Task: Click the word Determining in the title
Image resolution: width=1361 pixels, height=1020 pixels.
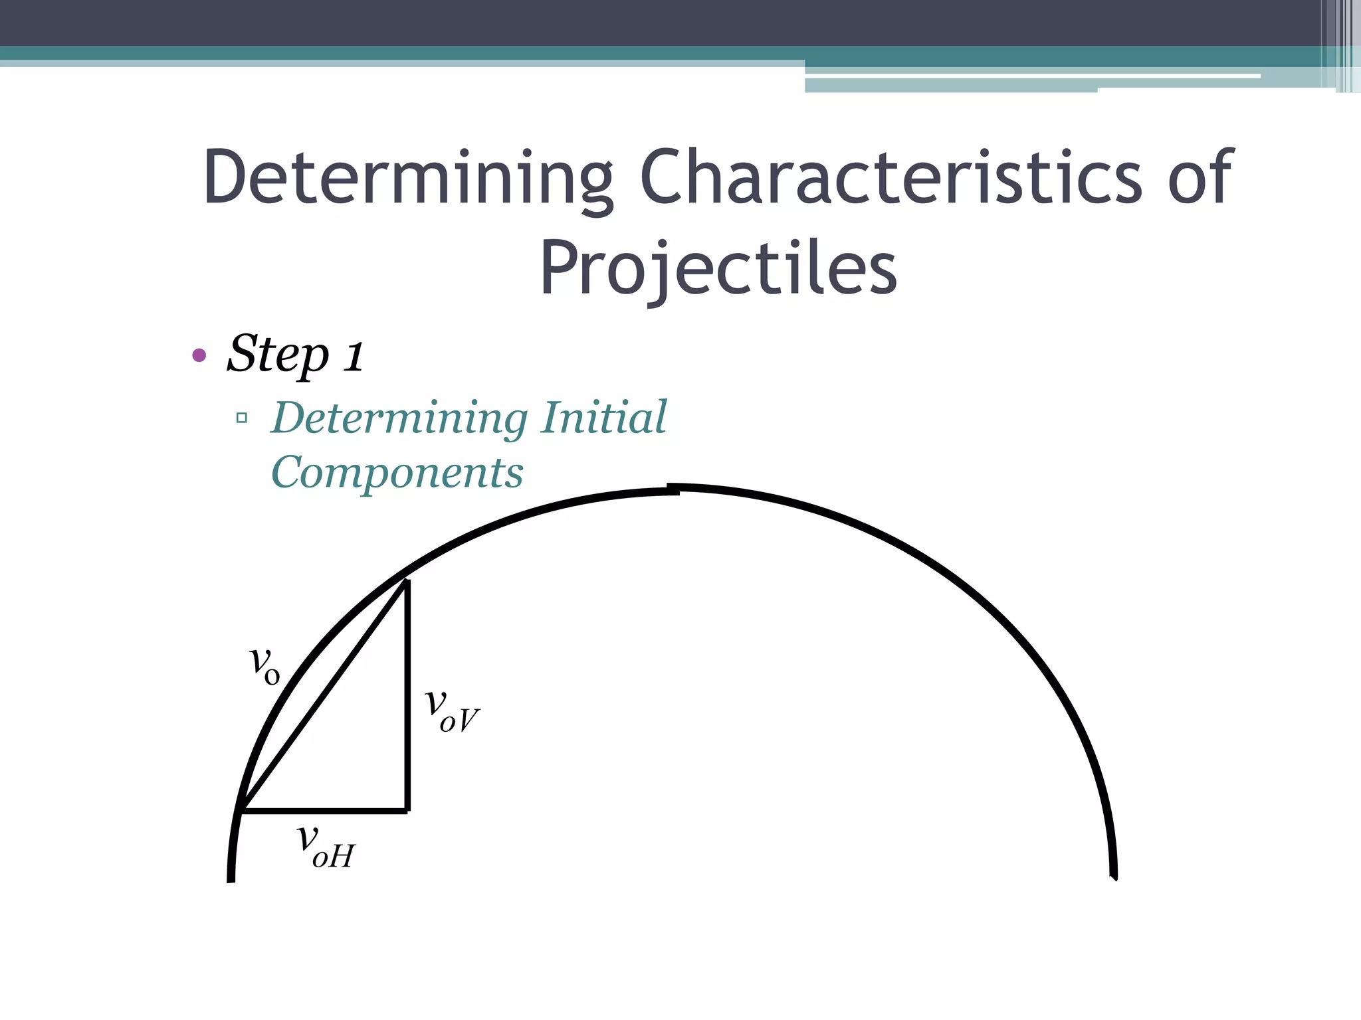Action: (407, 178)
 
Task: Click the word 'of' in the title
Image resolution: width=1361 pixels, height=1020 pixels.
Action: (1200, 177)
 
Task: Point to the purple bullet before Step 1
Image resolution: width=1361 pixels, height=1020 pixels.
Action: (199, 355)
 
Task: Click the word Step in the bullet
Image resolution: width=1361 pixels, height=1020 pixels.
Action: (278, 354)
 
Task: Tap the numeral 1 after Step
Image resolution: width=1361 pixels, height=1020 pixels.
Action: (354, 355)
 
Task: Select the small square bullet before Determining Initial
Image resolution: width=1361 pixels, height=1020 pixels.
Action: (242, 418)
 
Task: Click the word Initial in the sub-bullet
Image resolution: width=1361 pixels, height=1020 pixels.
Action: (603, 418)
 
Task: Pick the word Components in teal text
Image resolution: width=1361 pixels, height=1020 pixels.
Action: (397, 472)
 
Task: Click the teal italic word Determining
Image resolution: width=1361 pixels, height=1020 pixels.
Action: (399, 418)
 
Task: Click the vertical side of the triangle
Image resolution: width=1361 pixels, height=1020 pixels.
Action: (407, 697)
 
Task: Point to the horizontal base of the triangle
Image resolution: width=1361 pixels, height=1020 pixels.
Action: (326, 810)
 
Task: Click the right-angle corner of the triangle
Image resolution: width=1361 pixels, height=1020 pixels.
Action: (407, 809)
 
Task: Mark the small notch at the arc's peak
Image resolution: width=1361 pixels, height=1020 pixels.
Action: (673, 489)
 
